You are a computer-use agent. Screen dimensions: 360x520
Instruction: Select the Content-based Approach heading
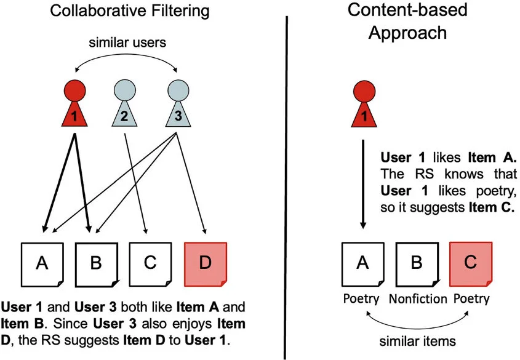click(x=407, y=21)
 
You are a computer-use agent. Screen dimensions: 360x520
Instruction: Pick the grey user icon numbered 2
click(x=125, y=106)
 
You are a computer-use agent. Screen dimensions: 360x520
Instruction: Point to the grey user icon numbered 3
click(x=178, y=106)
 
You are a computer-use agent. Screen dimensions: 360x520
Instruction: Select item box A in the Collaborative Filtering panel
click(x=42, y=263)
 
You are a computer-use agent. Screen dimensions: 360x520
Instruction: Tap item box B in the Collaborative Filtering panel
click(x=96, y=263)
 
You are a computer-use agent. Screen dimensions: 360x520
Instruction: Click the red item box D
click(x=206, y=263)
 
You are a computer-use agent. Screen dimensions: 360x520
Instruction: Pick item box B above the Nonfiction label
click(x=417, y=263)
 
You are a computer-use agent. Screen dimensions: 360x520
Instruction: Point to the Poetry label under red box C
click(x=471, y=300)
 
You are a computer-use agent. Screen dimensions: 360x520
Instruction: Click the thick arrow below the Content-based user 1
click(x=362, y=185)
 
